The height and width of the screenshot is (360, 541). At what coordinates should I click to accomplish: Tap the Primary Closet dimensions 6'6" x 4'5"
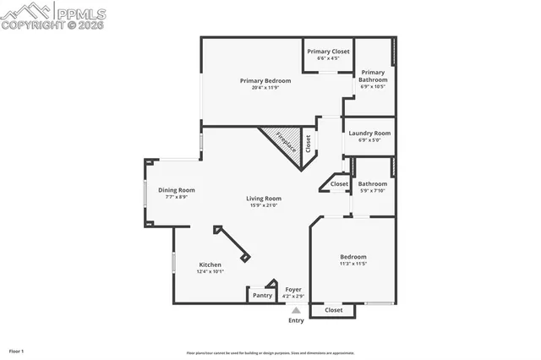(328, 58)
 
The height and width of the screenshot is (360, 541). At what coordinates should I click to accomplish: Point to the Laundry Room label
(369, 133)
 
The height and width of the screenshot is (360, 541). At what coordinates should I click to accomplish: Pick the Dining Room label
(176, 190)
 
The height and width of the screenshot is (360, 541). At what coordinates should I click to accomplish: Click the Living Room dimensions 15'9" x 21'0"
(264, 205)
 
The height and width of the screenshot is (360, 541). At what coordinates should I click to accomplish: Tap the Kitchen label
(210, 264)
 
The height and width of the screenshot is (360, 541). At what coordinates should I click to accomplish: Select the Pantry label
(262, 295)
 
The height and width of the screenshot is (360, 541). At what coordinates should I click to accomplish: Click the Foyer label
(293, 289)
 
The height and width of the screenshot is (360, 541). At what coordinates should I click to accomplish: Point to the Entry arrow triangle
(296, 311)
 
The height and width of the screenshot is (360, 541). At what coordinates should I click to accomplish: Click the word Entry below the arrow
(296, 320)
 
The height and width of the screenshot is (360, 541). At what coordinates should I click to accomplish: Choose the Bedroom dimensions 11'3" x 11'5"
(353, 264)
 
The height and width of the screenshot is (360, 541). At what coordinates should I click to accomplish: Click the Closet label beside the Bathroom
(339, 183)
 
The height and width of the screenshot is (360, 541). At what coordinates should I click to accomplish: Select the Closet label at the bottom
(334, 310)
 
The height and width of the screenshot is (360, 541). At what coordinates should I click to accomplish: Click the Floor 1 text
(16, 350)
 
